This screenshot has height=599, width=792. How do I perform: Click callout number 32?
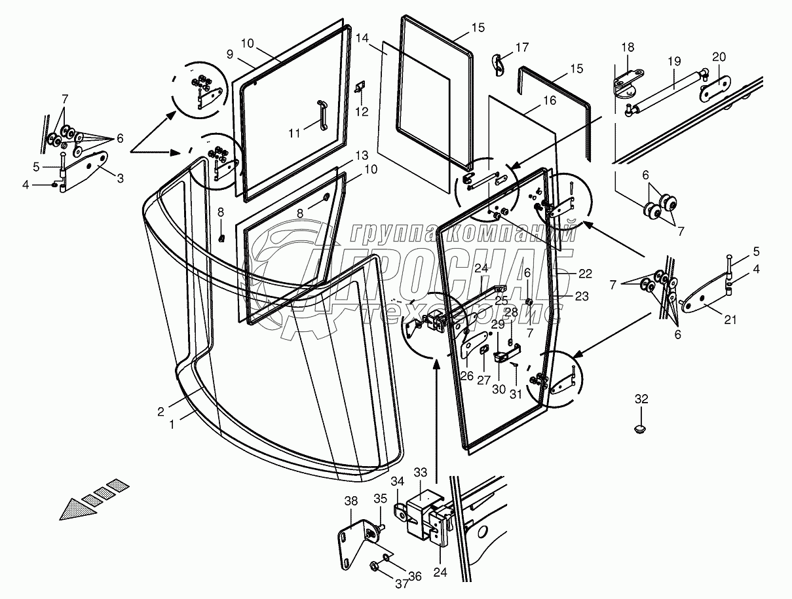coord(641,398)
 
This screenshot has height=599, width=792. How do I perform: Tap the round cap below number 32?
coord(641,428)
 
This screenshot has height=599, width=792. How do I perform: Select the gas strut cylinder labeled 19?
coord(669,92)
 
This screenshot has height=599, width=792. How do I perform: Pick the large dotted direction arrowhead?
coord(74,509)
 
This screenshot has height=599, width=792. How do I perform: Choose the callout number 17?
coord(521,48)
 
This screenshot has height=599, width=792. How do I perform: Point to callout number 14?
coord(362,38)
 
